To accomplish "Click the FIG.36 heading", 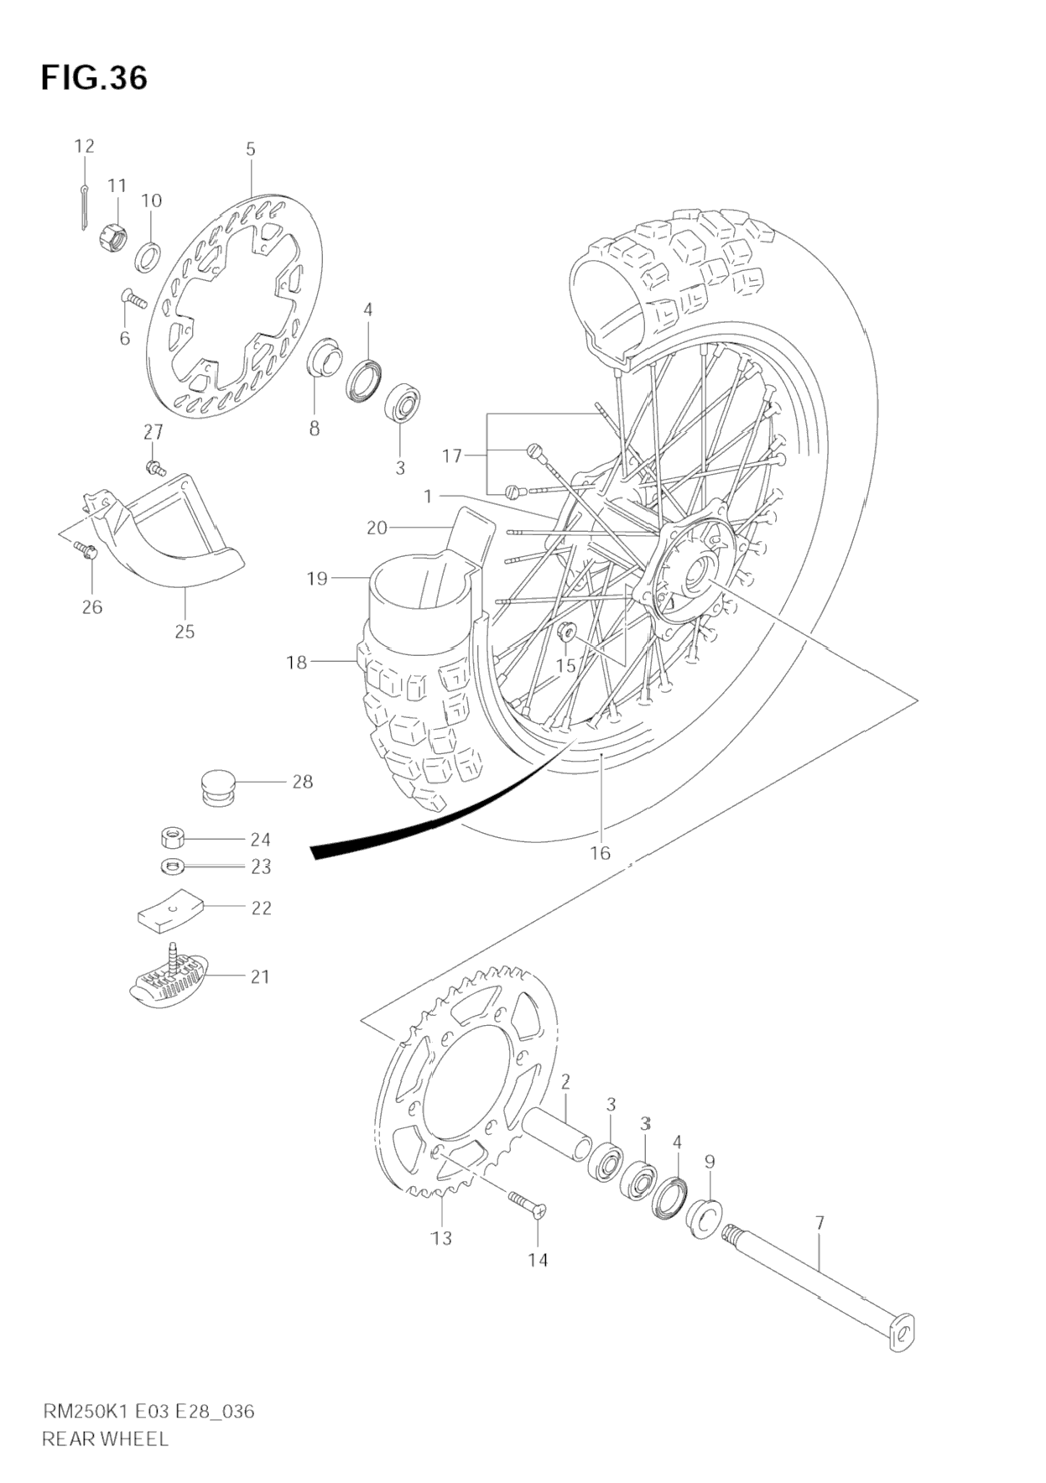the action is (94, 78).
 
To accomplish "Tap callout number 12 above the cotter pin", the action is (84, 146).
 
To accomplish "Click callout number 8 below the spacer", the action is (314, 429).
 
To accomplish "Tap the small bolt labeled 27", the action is (154, 466).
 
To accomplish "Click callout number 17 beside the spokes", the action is (452, 456).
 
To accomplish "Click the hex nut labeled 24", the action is (173, 838).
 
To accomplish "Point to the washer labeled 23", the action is (173, 866).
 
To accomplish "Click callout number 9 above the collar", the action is (710, 1162).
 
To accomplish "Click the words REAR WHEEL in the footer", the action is (105, 1439).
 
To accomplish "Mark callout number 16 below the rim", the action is (600, 853).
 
